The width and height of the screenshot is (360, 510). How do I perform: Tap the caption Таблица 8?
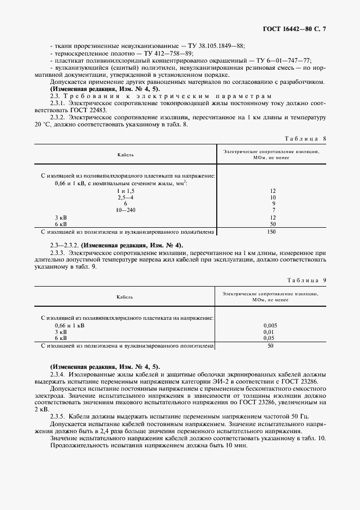[305, 138]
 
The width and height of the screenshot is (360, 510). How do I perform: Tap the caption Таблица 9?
[305, 280]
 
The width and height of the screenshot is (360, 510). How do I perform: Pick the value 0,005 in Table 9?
[270, 325]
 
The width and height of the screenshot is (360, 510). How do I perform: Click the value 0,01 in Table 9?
[268, 332]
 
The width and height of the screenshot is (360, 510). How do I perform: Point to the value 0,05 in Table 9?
[268, 338]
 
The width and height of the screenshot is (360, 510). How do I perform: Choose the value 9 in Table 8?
[272, 203]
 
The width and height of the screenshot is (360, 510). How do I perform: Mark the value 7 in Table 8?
[272, 210]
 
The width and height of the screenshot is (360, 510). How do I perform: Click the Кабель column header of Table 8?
[125, 155]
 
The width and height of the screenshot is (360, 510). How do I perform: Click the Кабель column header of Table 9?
[125, 297]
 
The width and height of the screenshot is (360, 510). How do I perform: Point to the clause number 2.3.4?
[58, 375]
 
